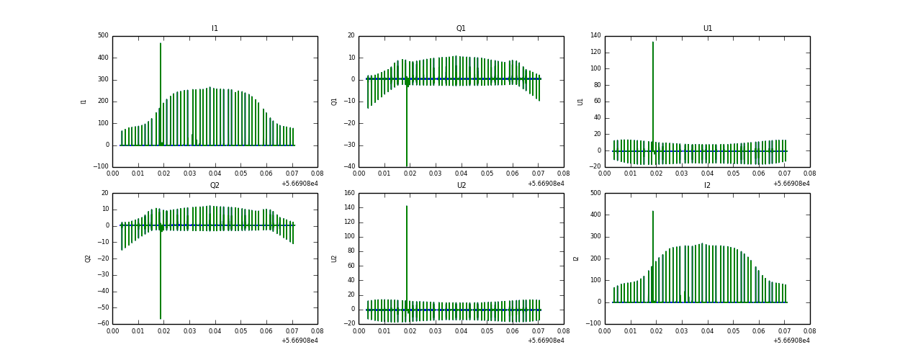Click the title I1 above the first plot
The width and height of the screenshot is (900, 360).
215,29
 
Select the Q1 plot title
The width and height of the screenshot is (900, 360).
461,29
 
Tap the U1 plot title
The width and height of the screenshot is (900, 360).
707,29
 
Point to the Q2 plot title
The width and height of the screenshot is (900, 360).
215,186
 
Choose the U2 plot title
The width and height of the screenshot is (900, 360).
461,186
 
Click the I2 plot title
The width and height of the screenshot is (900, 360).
707,186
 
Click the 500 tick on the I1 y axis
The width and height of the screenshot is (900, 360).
103,36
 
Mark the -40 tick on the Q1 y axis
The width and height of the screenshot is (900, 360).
348,167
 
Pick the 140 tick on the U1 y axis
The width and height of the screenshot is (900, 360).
594,36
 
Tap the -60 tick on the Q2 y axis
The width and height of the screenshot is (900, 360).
102,324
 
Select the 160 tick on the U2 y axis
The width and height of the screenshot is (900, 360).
348,193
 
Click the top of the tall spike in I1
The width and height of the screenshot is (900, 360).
161,43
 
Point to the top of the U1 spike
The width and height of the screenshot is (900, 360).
653,42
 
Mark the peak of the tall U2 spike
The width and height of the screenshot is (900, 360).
407,206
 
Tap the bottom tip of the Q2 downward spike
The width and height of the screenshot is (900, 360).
161,318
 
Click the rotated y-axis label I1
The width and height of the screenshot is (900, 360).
84,102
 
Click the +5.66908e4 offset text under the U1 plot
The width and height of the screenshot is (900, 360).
792,184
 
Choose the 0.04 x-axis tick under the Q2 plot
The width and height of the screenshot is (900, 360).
215,332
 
